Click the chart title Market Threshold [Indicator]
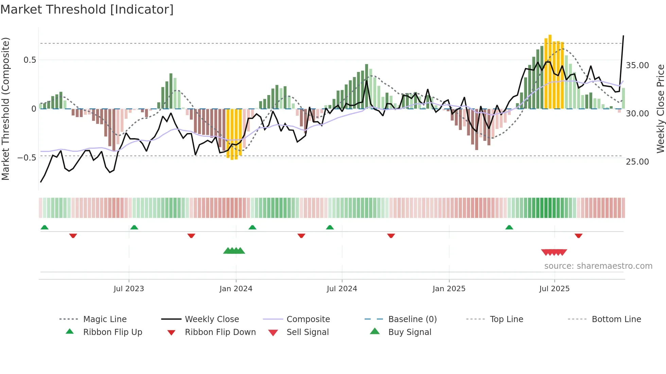[x=87, y=10]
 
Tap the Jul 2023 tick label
[x=129, y=289]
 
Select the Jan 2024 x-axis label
[x=236, y=289]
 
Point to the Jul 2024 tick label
[x=342, y=289]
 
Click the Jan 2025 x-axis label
[x=449, y=289]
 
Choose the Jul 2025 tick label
[x=554, y=289]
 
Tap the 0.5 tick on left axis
[x=30, y=60]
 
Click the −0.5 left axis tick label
[x=27, y=158]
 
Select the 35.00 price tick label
[x=637, y=66]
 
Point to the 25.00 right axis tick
[x=637, y=162]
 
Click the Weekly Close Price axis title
[x=660, y=109]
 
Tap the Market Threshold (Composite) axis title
[x=5, y=109]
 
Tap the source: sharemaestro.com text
[x=598, y=266]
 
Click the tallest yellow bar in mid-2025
[x=550, y=71]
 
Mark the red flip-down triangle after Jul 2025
[x=578, y=236]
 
